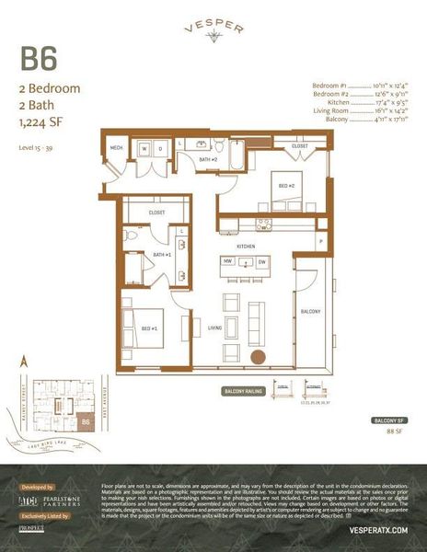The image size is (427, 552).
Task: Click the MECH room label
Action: (x=117, y=147)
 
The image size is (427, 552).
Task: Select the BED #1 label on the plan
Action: (x=148, y=328)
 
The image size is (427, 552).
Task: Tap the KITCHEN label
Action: (x=246, y=247)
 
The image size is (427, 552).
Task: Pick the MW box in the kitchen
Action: (x=226, y=261)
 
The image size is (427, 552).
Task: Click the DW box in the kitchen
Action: (x=263, y=261)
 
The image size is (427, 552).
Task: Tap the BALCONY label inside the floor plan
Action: (x=311, y=312)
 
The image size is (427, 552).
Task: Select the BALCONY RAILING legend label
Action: (x=244, y=392)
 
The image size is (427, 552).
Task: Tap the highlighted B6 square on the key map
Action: (x=85, y=422)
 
